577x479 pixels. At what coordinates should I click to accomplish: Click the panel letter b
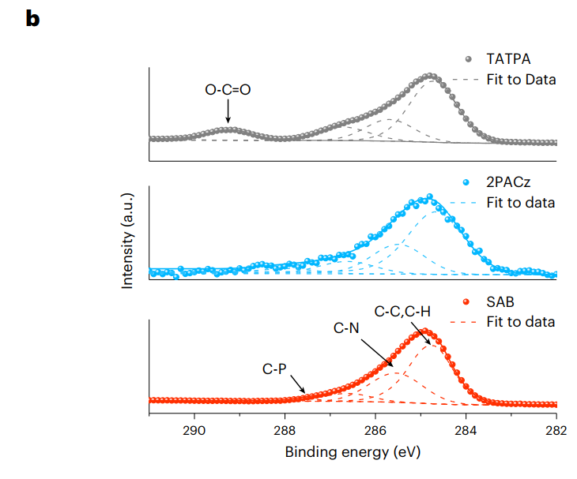[x=32, y=19]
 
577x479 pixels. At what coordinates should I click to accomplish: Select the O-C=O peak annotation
[x=228, y=90]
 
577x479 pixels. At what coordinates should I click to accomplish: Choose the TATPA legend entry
[x=509, y=59]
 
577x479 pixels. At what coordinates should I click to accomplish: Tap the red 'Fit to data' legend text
[x=520, y=322]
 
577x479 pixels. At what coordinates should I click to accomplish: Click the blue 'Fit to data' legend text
[x=520, y=203]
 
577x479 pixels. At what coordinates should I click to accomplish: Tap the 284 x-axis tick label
[x=466, y=431]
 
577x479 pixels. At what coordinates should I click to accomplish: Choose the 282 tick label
[x=556, y=431]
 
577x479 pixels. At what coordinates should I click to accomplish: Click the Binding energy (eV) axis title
[x=353, y=453]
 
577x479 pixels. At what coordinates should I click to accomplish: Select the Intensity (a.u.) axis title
[x=128, y=240]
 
